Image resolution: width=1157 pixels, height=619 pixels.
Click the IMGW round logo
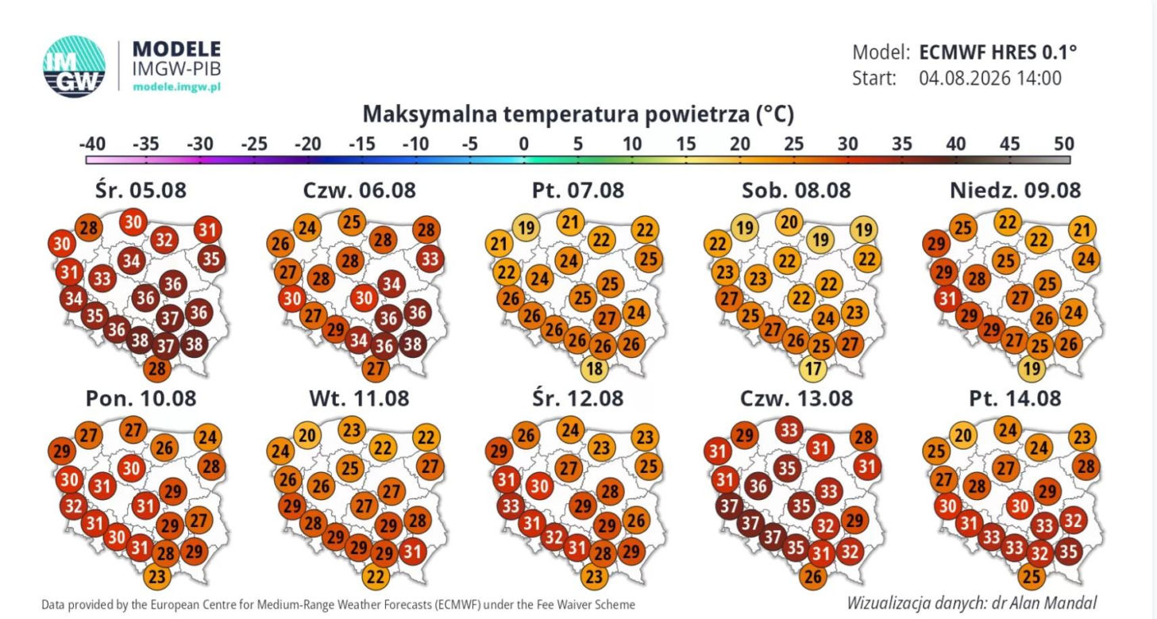tap(74, 66)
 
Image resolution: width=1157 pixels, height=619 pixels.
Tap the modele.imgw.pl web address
tap(176, 87)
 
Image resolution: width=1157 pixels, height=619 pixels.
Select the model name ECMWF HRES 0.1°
tap(998, 52)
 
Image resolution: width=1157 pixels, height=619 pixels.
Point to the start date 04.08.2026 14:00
tap(990, 79)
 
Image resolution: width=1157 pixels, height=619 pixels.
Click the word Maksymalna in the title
tap(430, 114)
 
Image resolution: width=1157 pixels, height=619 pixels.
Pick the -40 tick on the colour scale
tap(92, 144)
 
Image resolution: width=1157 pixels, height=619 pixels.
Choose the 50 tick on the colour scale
tap(1064, 144)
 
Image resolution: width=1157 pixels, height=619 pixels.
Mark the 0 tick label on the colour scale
tap(524, 144)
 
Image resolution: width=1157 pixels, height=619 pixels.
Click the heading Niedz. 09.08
tap(1015, 190)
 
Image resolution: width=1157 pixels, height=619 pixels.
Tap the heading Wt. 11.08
tap(359, 398)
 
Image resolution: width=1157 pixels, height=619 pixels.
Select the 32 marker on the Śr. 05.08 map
tap(164, 240)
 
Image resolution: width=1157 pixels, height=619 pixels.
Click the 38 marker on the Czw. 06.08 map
tap(412, 344)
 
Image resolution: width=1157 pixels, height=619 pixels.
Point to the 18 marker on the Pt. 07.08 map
tap(594, 368)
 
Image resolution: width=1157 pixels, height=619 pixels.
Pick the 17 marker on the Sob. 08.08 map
tap(813, 368)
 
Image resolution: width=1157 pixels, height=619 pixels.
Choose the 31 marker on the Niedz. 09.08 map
tap(947, 298)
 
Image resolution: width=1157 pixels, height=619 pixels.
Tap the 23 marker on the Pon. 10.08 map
tap(157, 575)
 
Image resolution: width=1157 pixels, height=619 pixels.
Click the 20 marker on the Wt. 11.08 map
tap(307, 435)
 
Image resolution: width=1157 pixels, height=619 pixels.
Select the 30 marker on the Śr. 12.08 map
tap(540, 486)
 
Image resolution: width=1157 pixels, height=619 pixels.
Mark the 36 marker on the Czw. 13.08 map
tap(758, 486)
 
